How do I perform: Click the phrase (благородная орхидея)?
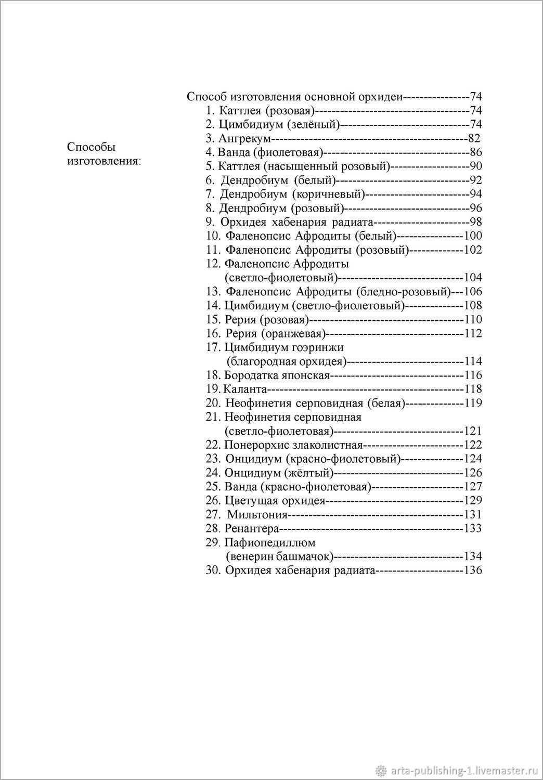click(286, 361)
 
